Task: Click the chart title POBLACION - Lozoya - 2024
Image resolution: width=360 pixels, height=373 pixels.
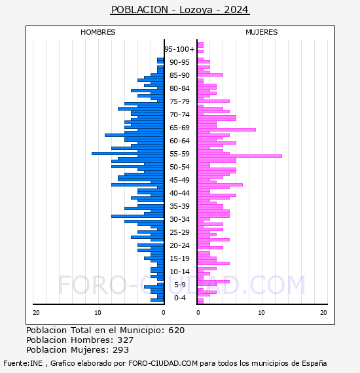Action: pos(180,10)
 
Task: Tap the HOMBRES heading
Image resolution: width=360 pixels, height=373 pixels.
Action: pos(98,32)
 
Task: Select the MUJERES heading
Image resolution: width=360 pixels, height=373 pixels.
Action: pos(262,32)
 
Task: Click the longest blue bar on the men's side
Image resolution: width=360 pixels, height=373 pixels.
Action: pos(128,153)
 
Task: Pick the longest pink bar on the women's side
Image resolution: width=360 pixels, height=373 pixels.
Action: pos(240,156)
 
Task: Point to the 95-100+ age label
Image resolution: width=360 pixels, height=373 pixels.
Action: pos(179,49)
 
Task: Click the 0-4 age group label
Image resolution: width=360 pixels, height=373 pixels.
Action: pos(179,298)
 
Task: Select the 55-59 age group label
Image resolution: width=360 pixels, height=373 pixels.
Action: pos(179,154)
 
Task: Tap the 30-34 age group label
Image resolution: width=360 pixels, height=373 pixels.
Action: pos(179,219)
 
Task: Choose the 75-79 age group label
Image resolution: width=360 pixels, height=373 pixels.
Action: pos(179,101)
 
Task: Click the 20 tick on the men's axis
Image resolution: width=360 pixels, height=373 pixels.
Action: pos(36,313)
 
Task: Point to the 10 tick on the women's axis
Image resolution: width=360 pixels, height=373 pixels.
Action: pos(261,313)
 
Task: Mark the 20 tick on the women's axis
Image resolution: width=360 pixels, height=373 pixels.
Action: pos(323,313)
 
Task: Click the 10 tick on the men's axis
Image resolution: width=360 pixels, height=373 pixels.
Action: pos(98,313)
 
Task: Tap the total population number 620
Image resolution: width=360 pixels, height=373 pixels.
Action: pos(176,330)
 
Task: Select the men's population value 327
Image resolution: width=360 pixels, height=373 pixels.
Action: pos(126,340)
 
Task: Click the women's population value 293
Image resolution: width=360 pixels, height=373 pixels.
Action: pos(120,349)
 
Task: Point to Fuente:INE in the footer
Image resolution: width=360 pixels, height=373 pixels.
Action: pos(23,363)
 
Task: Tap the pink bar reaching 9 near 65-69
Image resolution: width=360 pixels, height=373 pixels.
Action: pos(226,130)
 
